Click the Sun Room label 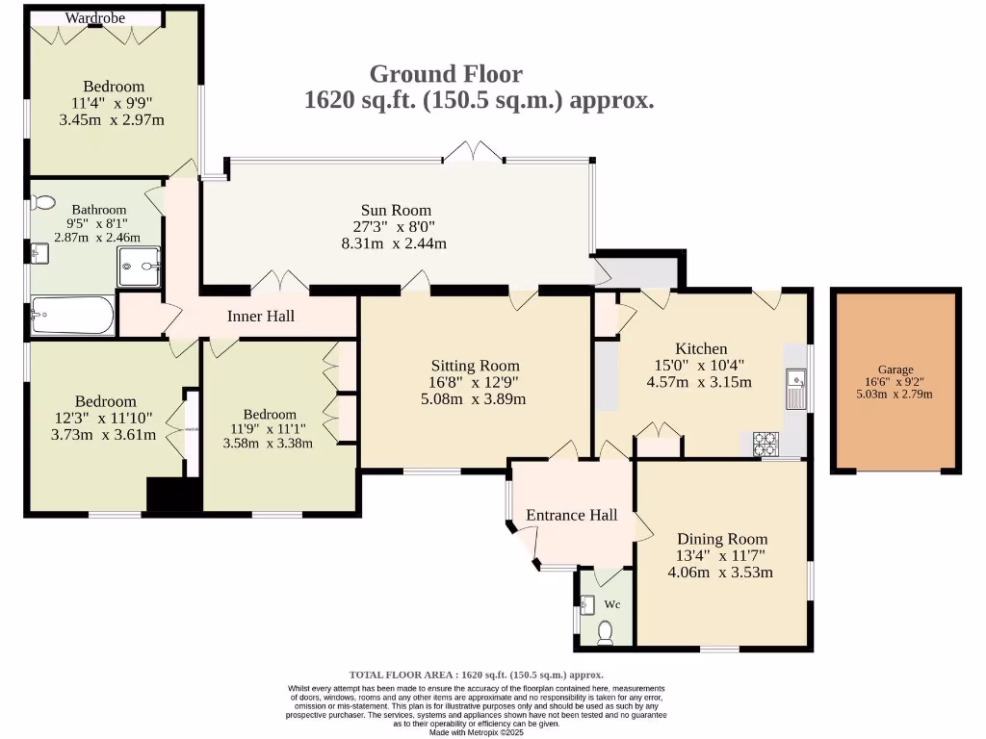[x=396, y=210]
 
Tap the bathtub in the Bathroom [x=72, y=315]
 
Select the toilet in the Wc [x=606, y=631]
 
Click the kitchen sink [x=796, y=388]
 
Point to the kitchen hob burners [x=765, y=444]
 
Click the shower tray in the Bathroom [x=141, y=266]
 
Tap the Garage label [x=895, y=369]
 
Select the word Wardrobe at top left [x=95, y=17]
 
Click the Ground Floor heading [x=446, y=74]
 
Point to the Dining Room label [x=720, y=539]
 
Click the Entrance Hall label [x=571, y=515]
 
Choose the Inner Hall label [x=261, y=316]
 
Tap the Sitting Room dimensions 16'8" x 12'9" [x=475, y=382]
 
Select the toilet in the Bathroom [x=43, y=203]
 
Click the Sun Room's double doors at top [x=473, y=152]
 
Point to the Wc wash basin [x=588, y=604]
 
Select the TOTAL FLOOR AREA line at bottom [x=476, y=675]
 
